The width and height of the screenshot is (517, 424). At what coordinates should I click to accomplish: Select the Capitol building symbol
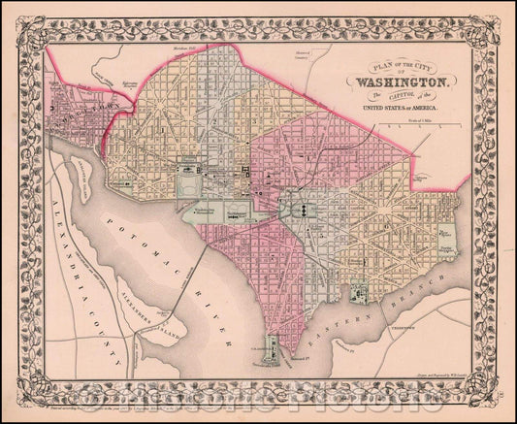click(301, 208)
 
